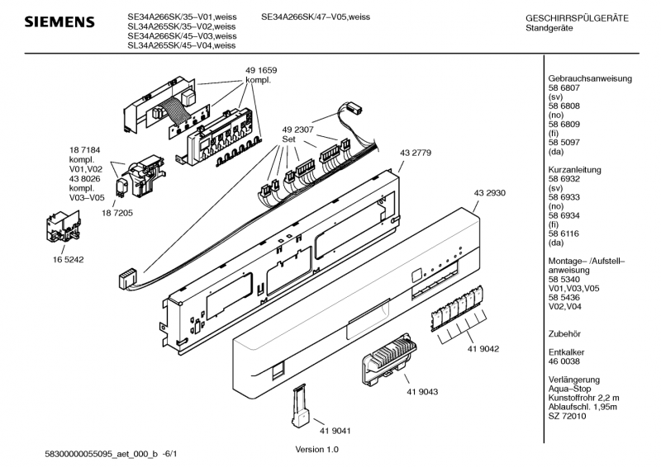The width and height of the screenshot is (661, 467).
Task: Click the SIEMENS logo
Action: (59, 22)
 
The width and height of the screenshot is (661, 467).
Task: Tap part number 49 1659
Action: (261, 70)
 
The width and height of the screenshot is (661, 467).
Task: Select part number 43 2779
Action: (416, 153)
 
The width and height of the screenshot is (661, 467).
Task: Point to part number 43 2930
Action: (489, 193)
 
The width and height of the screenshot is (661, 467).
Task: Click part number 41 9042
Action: (483, 349)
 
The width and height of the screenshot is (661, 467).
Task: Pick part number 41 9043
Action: (422, 392)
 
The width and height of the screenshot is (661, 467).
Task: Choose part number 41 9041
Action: (335, 431)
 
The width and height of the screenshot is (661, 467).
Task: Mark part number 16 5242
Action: (68, 260)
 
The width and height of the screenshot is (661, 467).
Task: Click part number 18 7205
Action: (117, 213)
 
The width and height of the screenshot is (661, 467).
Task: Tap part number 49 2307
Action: (297, 130)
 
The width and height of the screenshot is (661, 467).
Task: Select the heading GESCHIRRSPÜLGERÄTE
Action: (577, 18)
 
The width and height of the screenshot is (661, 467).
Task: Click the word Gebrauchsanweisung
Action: (590, 78)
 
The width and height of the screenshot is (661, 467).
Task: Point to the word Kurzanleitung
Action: (574, 170)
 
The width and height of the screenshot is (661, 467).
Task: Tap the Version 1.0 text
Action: (316, 450)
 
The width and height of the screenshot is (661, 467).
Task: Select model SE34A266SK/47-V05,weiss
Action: (316, 17)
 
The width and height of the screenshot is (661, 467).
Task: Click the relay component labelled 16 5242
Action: (64, 227)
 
